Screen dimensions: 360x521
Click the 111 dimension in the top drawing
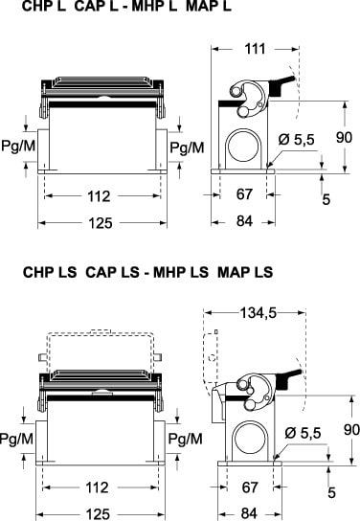(255, 49)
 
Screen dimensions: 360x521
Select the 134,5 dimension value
(259, 312)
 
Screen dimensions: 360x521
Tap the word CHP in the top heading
(34, 7)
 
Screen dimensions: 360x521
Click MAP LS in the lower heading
(245, 272)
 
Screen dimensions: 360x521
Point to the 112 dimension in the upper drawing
(99, 196)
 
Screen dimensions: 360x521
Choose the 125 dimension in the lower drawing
(98, 514)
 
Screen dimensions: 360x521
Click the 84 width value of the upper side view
(244, 221)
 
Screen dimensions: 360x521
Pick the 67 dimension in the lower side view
(250, 487)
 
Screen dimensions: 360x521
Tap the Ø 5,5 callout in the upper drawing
(296, 140)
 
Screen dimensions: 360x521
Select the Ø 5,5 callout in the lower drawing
(303, 433)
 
